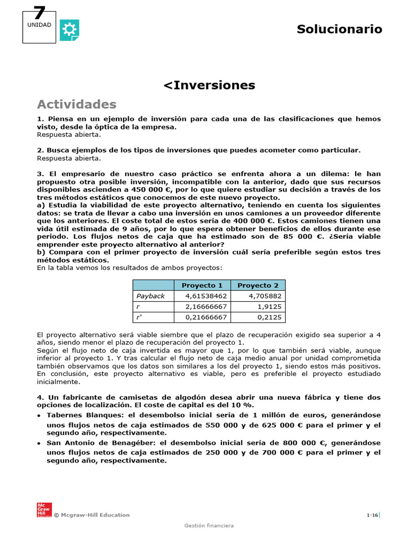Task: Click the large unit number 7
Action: pyautogui.click(x=39, y=13)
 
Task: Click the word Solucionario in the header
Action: pyautogui.click(x=339, y=29)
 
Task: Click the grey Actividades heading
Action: pyautogui.click(x=76, y=103)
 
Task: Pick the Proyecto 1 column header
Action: pyautogui.click(x=202, y=285)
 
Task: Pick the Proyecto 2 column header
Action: pyautogui.click(x=258, y=285)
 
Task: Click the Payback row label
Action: pyautogui.click(x=151, y=296)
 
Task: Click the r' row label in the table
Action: pyautogui.click(x=140, y=317)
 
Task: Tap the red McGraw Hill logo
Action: pyautogui.click(x=43, y=509)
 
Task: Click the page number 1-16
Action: pyautogui.click(x=372, y=515)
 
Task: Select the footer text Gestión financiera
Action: pyautogui.click(x=209, y=526)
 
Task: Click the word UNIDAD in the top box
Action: pyautogui.click(x=39, y=25)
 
